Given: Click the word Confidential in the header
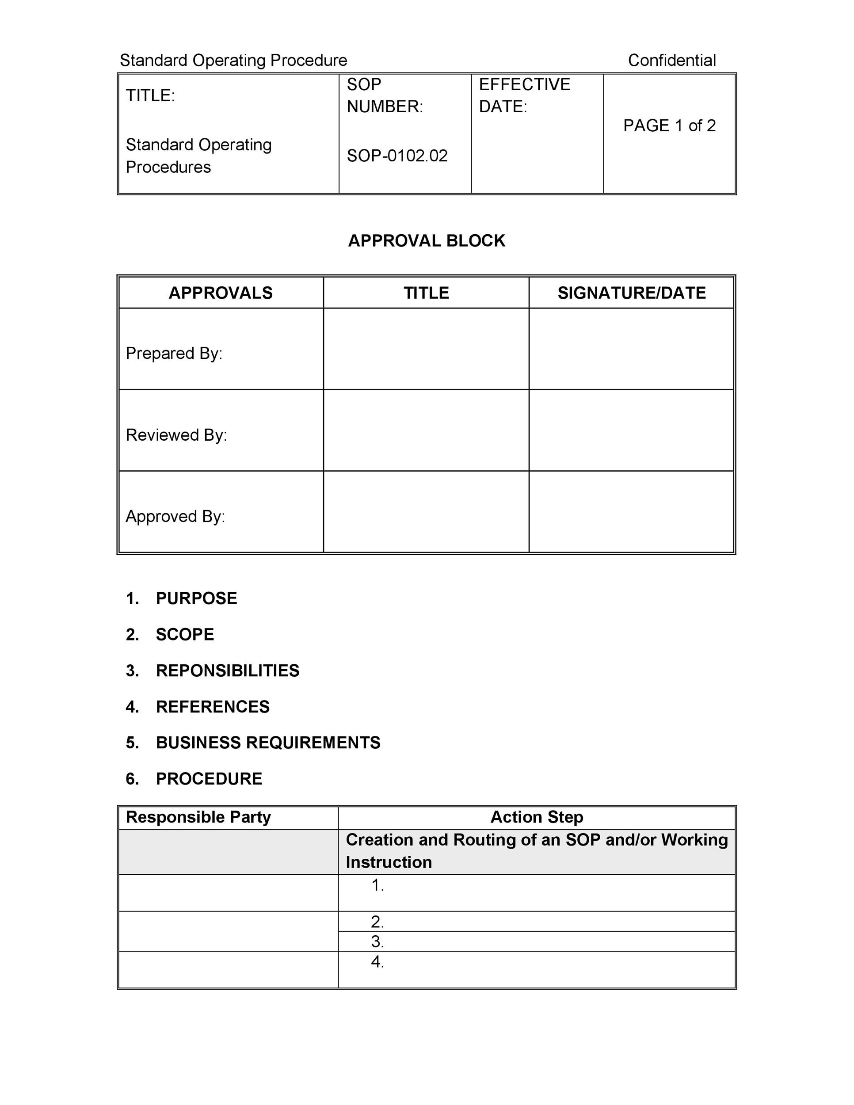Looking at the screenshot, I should [671, 60].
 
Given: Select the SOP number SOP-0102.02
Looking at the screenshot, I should [397, 156].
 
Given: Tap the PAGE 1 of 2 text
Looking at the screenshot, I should [669, 126].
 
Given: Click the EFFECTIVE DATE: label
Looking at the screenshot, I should [524, 95].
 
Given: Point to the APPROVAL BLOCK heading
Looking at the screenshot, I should [427, 240].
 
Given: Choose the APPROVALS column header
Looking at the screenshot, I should [221, 293].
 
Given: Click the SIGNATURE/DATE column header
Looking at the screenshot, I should [631, 293].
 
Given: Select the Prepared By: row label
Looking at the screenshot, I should [174, 353].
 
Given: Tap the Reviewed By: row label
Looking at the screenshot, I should [176, 435].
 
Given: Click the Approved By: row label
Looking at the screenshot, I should [175, 517].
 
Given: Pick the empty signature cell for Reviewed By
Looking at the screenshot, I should [631, 431].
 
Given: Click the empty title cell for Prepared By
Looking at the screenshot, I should [426, 349].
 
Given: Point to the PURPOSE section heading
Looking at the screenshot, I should [196, 598].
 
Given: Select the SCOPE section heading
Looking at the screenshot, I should [185, 634].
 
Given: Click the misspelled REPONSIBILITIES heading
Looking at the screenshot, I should [227, 671].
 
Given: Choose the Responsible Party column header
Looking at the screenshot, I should [198, 817].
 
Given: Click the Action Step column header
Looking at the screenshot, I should [537, 817].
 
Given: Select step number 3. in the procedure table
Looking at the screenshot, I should [377, 941].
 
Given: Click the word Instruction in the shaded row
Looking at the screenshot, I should [389, 862].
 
